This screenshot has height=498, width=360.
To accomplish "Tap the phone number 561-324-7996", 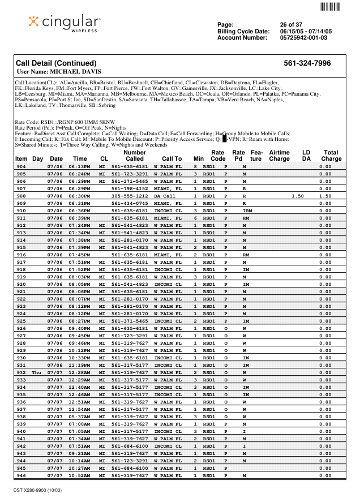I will tap(307, 63).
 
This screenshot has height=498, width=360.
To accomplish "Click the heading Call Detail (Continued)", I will tap(57, 63).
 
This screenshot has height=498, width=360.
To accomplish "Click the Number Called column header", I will tap(135, 156).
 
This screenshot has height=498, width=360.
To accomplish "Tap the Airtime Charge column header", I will tap(279, 156).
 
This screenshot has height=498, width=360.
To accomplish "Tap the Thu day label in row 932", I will tap(37, 372).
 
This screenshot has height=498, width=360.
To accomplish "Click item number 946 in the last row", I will tap(21, 475).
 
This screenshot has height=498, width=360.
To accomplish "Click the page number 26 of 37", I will tap(291, 25).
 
